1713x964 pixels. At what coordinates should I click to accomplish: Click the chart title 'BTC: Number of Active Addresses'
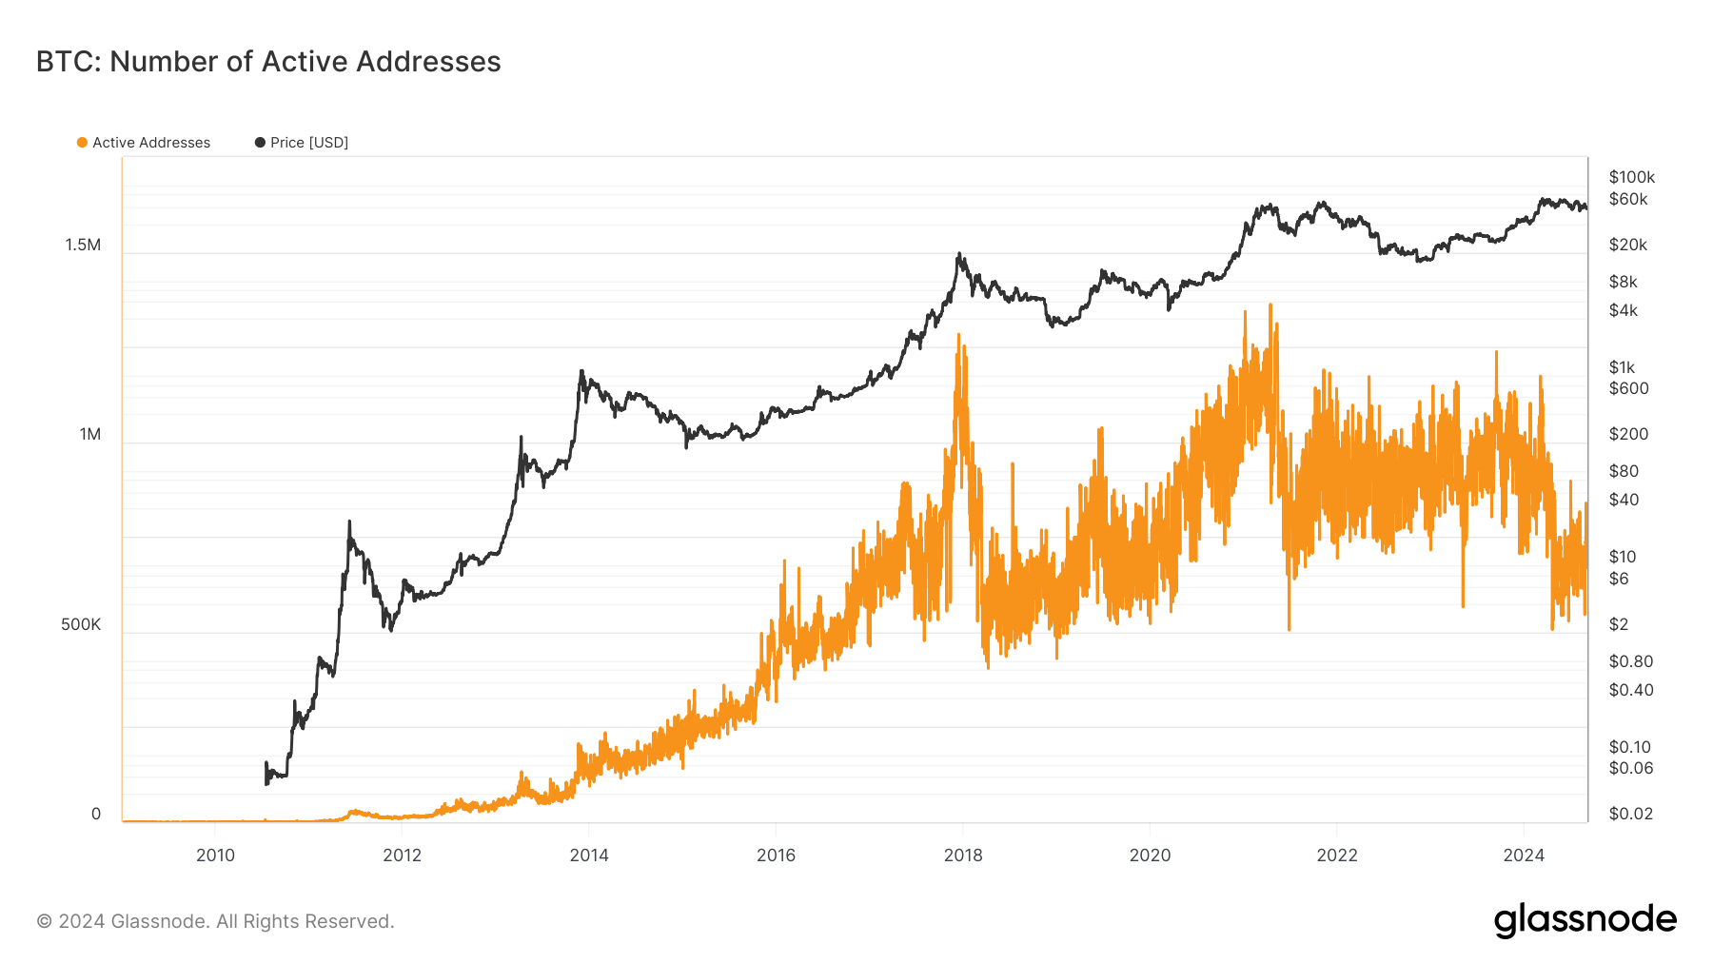(268, 62)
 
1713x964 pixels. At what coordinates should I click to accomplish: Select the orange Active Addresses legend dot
(82, 143)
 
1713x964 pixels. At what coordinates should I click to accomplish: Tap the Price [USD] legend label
(308, 143)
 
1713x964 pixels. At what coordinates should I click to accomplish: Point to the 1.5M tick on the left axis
(83, 245)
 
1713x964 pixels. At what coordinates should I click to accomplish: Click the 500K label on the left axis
(81, 624)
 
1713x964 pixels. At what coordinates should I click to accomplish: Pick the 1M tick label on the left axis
(89, 434)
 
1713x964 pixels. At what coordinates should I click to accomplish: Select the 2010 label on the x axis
(215, 855)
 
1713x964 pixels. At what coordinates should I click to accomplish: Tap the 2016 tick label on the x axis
(776, 855)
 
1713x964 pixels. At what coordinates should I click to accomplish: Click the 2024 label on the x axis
(1523, 855)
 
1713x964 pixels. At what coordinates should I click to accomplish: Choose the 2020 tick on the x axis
(1150, 855)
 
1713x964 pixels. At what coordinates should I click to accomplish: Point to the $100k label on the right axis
(1631, 177)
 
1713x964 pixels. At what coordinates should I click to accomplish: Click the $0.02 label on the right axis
(1630, 814)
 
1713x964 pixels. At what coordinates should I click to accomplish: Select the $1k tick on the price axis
(1622, 367)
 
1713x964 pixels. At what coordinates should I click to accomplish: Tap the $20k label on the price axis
(1627, 245)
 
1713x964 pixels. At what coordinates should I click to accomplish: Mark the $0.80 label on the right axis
(1630, 661)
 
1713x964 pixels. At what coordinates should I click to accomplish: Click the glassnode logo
(1585, 920)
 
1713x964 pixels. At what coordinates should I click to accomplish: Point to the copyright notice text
(215, 921)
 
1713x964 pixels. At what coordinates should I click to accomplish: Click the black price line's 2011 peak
(349, 521)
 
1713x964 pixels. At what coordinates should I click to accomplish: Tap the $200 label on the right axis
(1627, 434)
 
